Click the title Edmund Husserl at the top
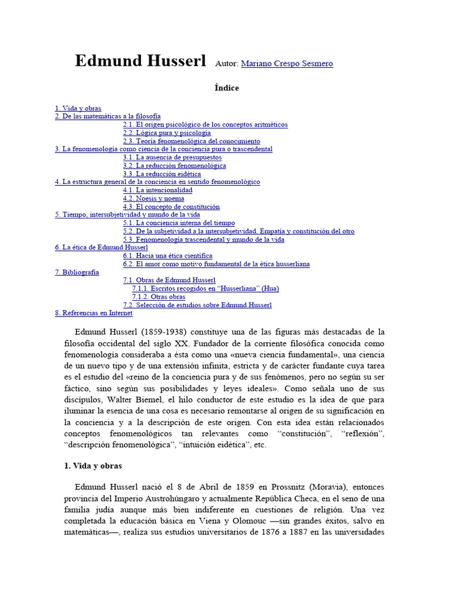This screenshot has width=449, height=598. [140, 61]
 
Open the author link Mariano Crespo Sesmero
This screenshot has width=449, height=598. [286, 64]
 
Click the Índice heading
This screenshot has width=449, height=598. [226, 88]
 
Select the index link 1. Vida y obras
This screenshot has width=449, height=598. [78, 109]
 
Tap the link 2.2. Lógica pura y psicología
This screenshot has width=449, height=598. [167, 133]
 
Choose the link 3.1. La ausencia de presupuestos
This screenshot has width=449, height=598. [172, 158]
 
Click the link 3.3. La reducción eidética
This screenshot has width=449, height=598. [162, 174]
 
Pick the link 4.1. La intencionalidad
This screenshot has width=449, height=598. [157, 190]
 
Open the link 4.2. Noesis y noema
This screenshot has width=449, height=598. [153, 199]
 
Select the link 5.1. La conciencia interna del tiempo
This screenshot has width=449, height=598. [179, 223]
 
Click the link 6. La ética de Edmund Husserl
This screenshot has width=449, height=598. [101, 248]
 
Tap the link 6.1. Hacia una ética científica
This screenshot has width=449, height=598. [167, 256]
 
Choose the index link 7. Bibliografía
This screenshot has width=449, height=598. [77, 272]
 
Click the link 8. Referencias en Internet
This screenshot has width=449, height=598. [94, 313]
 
